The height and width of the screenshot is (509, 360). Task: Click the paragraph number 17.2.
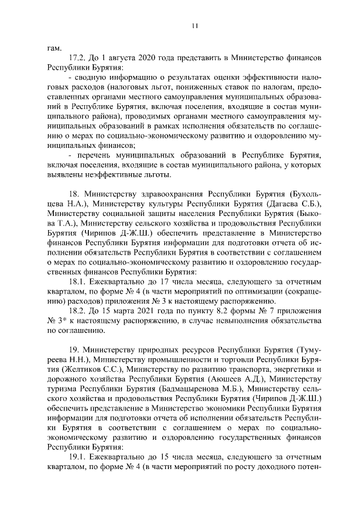[76, 57]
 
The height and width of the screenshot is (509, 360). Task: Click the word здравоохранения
[173, 194]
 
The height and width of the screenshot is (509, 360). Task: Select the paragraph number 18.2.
[76, 310]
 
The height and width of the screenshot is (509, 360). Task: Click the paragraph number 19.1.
[76, 458]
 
